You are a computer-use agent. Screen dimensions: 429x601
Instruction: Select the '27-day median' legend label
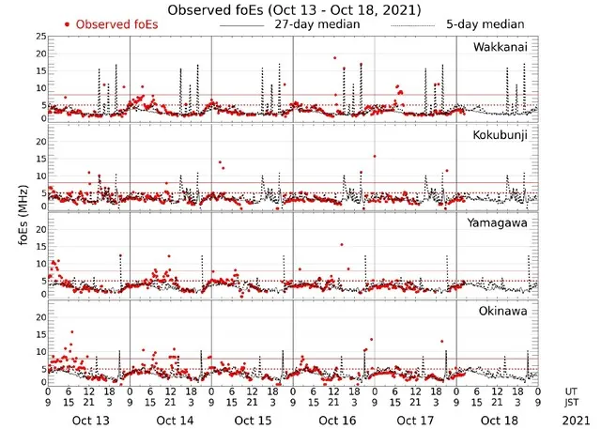(320, 23)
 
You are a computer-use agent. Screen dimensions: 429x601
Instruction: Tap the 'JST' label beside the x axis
(573, 402)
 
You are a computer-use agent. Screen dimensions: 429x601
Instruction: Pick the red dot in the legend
(67, 23)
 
